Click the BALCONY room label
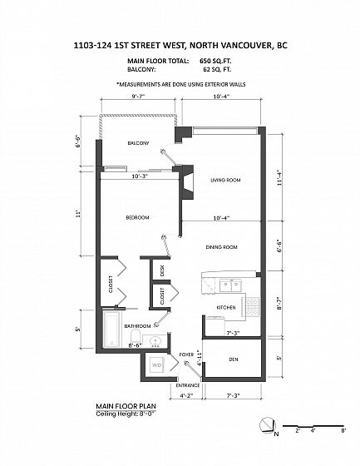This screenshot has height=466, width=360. [x=138, y=143]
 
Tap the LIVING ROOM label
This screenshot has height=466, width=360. [x=225, y=180]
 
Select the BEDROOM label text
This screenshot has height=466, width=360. [x=137, y=217]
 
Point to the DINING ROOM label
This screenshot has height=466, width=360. [x=222, y=247]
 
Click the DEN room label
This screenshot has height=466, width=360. [x=234, y=359]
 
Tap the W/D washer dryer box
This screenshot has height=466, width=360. [x=156, y=365]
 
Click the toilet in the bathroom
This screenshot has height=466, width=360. [x=136, y=336]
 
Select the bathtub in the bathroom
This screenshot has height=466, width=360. [x=112, y=329]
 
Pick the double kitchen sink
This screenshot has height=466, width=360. [x=230, y=285]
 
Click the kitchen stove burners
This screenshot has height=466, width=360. [x=253, y=307]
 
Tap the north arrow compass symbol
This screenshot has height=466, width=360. [x=268, y=425]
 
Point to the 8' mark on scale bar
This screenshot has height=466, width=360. [x=343, y=430]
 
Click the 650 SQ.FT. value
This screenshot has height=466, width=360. [x=215, y=61]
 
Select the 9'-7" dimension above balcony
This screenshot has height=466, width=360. [x=138, y=97]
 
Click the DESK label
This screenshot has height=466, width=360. [x=162, y=270]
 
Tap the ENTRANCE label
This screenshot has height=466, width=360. [x=188, y=385]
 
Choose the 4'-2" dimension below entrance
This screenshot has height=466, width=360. [x=186, y=395]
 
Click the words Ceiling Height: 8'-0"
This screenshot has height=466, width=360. [x=126, y=414]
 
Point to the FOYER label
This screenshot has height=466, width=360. [x=186, y=354]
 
